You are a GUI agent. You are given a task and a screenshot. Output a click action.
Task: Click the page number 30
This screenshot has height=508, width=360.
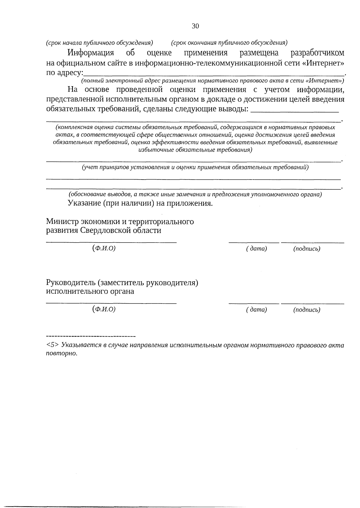195,26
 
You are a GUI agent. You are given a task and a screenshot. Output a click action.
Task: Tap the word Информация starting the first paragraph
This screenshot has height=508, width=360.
91,53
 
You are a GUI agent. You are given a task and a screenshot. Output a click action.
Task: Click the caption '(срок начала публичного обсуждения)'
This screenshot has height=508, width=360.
100,43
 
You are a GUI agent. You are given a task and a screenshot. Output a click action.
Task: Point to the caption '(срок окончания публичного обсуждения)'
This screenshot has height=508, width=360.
229,43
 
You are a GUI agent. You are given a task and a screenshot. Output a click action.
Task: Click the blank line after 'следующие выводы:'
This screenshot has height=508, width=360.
295,111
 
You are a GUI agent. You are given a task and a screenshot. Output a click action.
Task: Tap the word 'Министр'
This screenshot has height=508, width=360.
62,222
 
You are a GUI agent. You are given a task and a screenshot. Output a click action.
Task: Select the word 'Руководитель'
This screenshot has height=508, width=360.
70,283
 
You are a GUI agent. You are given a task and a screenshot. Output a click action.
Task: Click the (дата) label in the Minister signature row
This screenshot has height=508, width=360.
256,249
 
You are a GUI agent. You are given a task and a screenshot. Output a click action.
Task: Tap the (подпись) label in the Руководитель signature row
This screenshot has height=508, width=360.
307,310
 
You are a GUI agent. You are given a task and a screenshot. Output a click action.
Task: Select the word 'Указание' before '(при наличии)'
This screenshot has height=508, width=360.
84,203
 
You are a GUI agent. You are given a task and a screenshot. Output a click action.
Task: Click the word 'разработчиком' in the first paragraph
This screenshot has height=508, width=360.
318,53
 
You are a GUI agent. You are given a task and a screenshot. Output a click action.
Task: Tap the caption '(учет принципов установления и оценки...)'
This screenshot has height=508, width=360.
195,168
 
